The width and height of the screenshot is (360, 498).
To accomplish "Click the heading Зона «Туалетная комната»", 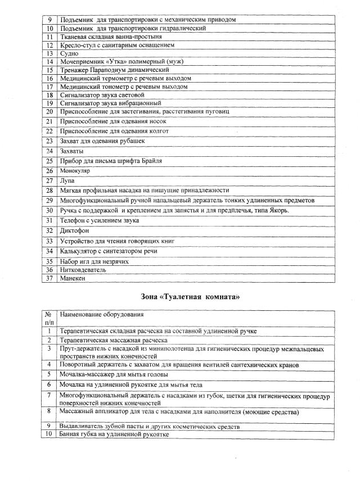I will point(190,296).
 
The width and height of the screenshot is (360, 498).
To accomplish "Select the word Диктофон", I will point(75,230).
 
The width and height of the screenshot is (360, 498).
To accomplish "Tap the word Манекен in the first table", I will point(73,278).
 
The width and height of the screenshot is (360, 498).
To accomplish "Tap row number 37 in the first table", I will point(49,278).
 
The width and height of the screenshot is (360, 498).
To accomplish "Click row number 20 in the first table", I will point(49,111).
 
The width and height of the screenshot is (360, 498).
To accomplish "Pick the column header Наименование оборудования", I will point(101,314).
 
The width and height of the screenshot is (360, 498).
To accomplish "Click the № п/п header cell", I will point(49,318).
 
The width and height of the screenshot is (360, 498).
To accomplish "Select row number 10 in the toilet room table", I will point(49,435).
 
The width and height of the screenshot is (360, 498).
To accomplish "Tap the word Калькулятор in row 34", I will point(80,251).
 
